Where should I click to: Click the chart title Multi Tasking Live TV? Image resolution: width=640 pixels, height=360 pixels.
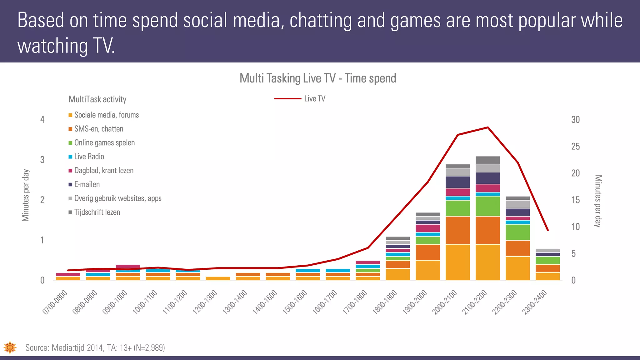point(317,78)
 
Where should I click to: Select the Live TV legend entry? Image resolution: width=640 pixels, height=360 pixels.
point(314,99)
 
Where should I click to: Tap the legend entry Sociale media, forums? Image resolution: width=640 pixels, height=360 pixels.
point(106,115)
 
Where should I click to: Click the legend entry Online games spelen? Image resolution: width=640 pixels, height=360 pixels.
point(104,143)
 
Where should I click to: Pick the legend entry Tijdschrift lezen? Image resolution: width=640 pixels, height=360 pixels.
point(97,212)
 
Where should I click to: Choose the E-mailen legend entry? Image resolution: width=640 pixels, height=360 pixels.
point(87,184)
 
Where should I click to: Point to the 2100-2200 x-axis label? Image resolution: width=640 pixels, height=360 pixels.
point(475,302)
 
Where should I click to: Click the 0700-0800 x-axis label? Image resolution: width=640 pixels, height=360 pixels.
point(55,302)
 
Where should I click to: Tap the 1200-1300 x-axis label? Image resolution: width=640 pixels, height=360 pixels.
point(205,302)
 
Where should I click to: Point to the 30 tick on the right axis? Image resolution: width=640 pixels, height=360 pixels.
point(575,120)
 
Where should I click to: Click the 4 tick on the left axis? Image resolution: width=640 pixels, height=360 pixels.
point(42,120)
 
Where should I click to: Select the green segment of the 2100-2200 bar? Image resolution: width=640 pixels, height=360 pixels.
point(487,206)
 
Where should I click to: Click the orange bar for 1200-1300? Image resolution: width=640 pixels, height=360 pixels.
point(218,278)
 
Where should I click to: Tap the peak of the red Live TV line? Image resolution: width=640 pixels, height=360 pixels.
point(488,127)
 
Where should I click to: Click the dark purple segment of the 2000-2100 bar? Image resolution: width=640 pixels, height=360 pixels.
point(457,182)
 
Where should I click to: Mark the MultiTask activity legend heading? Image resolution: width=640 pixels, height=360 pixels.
point(97,99)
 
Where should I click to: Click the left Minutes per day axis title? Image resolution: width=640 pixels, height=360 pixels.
point(26,195)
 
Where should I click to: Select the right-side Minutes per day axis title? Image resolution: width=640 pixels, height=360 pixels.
point(597,201)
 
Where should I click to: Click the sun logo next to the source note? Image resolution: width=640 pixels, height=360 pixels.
point(10,347)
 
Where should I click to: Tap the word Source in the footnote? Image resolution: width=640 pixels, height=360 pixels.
point(37,348)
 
